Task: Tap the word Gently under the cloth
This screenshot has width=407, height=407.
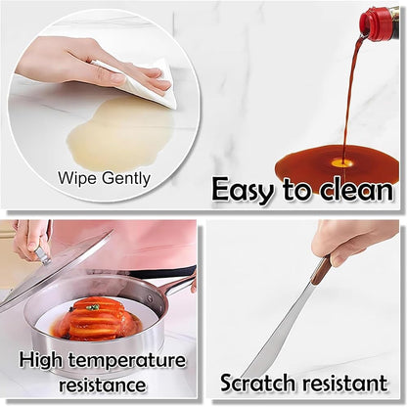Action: [124, 178]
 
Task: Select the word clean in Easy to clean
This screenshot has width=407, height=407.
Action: [351, 189]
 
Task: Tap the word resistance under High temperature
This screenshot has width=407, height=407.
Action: [101, 385]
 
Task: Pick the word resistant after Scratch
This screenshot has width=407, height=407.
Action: [348, 383]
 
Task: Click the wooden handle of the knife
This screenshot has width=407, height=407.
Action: [321, 270]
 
